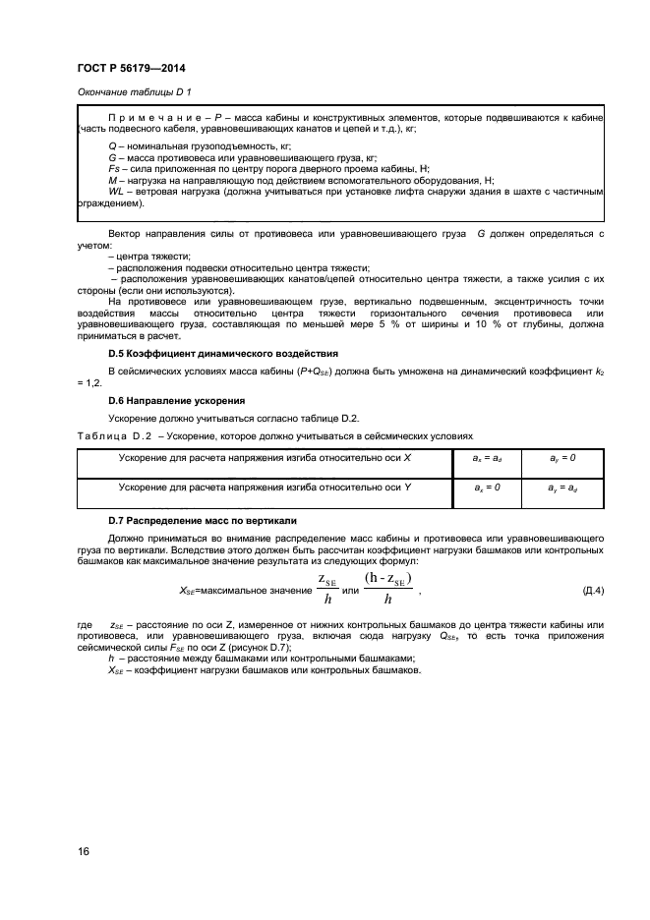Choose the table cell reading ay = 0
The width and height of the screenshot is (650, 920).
[x=562, y=458]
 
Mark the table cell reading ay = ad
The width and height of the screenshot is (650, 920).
[x=562, y=487]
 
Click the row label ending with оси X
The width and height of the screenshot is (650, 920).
[x=265, y=458]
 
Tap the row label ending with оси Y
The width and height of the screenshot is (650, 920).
[x=265, y=487]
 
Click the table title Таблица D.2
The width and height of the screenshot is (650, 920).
[x=112, y=433]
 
